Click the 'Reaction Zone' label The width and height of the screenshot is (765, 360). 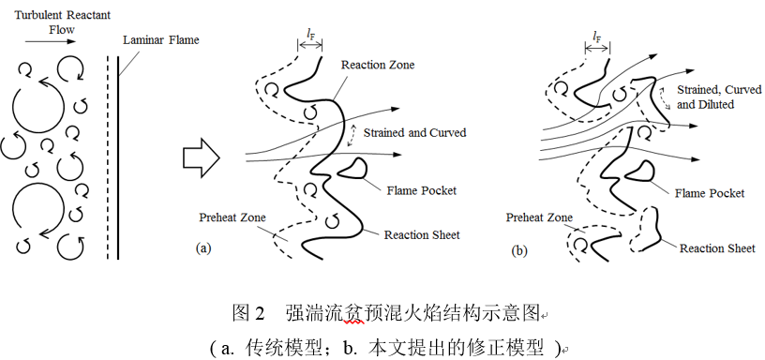[377, 65]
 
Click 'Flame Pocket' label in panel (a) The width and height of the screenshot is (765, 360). [421, 190]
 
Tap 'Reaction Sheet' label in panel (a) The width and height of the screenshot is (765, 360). [422, 234]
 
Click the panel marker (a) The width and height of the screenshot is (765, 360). [202, 249]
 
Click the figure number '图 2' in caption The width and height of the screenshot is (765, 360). [250, 310]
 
